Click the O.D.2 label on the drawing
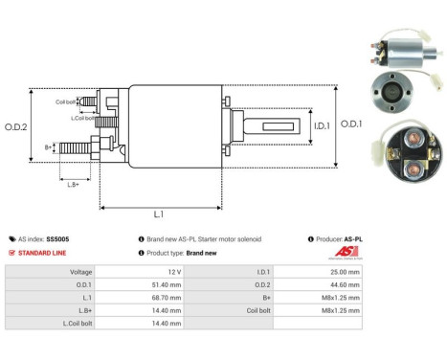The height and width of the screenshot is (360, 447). pos(16,125)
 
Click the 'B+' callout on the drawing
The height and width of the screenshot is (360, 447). pos(49,148)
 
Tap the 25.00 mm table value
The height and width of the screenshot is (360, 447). pos(342,272)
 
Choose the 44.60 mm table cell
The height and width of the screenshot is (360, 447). pos(342,284)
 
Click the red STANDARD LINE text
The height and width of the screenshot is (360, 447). pos(40,253)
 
